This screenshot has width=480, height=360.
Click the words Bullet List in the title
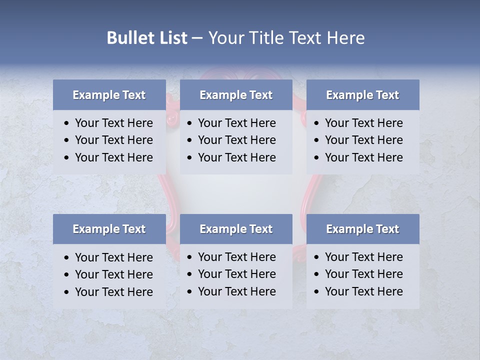point(146,38)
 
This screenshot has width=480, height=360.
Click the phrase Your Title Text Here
point(286,38)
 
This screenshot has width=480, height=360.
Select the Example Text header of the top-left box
point(109,95)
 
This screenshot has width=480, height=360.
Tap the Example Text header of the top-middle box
point(236,95)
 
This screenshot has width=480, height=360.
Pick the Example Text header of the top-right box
point(362,95)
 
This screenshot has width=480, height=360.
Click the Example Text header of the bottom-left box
point(109,229)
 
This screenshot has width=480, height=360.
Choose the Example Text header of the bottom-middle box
point(236,229)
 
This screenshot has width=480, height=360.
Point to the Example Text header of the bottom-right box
point(362,229)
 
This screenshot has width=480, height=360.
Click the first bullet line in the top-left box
point(113,123)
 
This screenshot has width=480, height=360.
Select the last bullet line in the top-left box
point(113,157)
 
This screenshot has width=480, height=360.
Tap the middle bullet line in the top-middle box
point(236,140)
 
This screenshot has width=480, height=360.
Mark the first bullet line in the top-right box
point(363,123)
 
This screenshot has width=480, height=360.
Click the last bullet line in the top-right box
point(363,157)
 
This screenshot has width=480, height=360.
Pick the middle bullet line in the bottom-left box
point(113,274)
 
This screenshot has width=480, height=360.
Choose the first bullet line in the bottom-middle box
point(236,257)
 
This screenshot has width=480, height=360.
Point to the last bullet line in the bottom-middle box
point(236,291)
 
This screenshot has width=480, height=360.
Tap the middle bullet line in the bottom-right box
point(363,274)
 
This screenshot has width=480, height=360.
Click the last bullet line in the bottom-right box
point(363,291)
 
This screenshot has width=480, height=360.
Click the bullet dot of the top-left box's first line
point(67,123)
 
